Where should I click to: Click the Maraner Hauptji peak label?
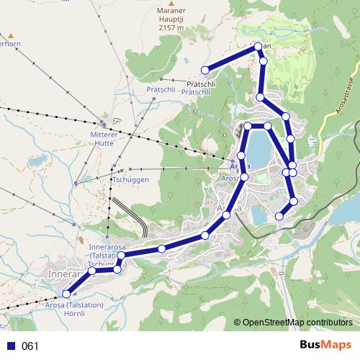(x=170, y=17)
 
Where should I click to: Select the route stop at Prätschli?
(x=205, y=70)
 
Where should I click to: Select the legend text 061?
(x=30, y=346)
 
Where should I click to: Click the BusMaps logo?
(x=326, y=346)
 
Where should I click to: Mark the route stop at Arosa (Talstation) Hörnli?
(x=67, y=293)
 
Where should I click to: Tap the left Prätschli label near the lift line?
(x=162, y=90)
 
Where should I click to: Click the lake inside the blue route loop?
(x=258, y=148)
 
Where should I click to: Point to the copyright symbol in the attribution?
(x=238, y=323)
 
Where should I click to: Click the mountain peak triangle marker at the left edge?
(x=12, y=33)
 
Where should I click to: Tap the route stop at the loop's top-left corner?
(x=248, y=126)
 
